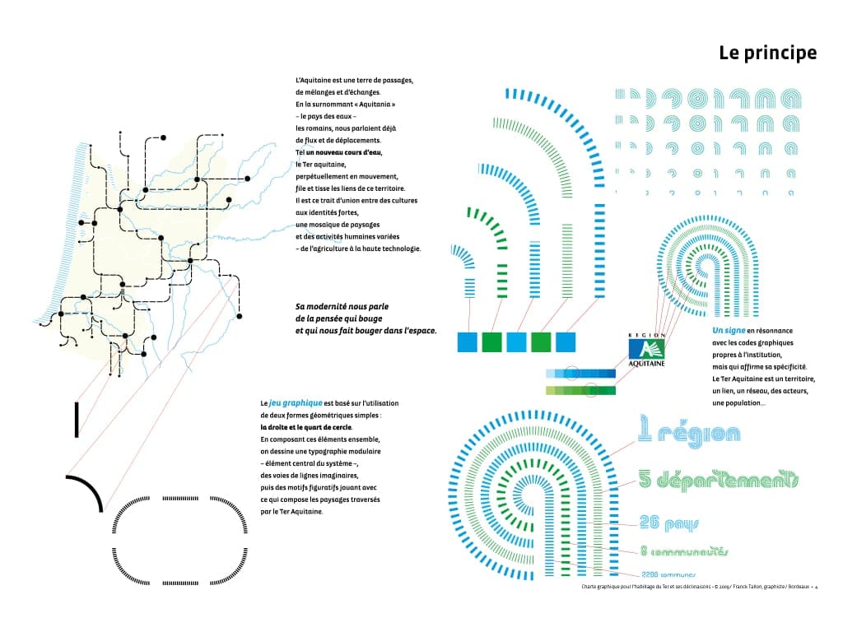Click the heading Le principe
(x=767, y=53)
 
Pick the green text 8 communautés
(x=684, y=552)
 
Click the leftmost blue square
(x=468, y=342)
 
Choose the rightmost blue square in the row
(x=566, y=342)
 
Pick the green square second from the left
(x=492, y=342)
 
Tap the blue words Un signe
(x=727, y=330)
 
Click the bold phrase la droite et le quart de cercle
(x=305, y=427)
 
